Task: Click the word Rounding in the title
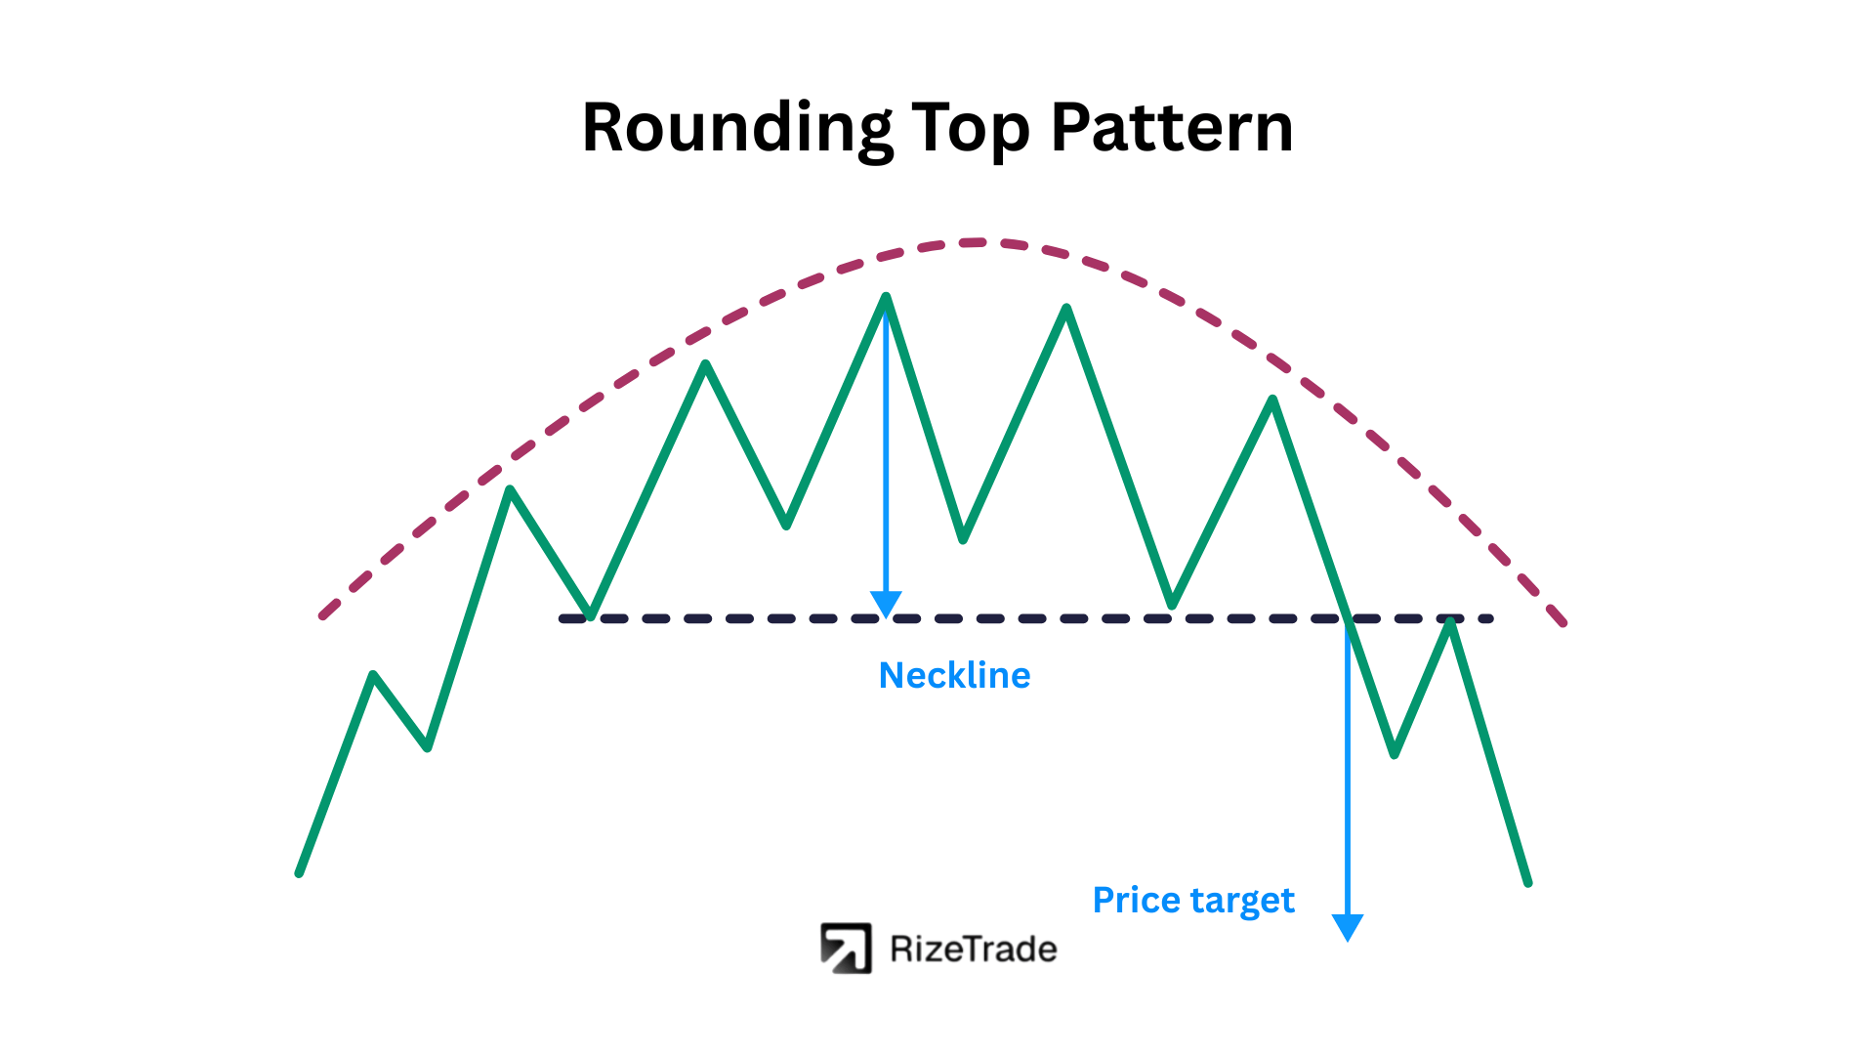(737, 129)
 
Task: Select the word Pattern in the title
(1172, 128)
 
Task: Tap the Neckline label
(954, 675)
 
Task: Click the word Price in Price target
(1137, 899)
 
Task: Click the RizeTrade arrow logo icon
(846, 949)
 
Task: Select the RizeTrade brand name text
(974, 949)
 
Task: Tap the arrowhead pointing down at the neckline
(886, 605)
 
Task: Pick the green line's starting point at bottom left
(300, 872)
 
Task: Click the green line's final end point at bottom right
(1527, 882)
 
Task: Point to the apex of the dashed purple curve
(974, 242)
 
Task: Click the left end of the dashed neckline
(562, 618)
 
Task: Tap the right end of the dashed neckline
(1490, 618)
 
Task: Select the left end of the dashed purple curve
(322, 615)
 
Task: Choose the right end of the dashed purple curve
(1563, 621)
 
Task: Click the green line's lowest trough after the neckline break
(1395, 753)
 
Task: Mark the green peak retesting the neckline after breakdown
(1451, 621)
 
